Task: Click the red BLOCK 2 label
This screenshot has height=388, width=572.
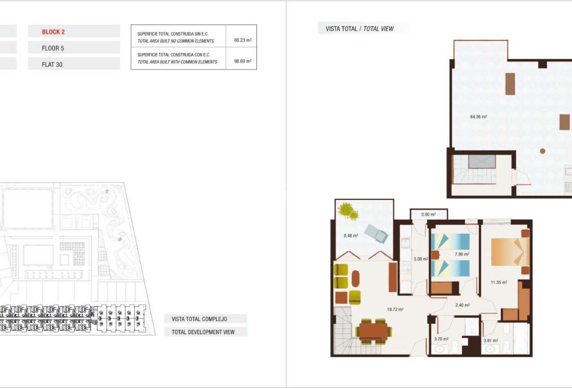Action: pos(53,32)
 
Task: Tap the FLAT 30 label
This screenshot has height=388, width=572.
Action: pos(52,65)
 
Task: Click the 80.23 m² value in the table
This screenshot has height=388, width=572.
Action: pos(243,40)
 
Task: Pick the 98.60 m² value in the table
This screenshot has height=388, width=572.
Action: pos(243,62)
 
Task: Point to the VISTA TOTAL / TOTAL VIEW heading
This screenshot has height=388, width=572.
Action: pos(360,29)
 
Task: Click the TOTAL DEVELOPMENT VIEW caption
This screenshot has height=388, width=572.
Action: pos(203,332)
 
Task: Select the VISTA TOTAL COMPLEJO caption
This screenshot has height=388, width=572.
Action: pos(199,319)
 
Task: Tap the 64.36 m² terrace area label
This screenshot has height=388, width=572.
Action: pos(478,117)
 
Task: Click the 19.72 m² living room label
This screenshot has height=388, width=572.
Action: pos(395,310)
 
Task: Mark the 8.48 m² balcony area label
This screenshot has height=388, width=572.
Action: pos(351,236)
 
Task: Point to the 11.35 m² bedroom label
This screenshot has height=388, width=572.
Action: pos(498,282)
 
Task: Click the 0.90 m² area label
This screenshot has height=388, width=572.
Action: pos(428,214)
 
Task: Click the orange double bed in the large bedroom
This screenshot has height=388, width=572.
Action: pos(510,252)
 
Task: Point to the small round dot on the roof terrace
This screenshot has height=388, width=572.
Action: pos(542,151)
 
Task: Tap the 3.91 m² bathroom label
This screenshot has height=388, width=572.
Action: pos(491,341)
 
